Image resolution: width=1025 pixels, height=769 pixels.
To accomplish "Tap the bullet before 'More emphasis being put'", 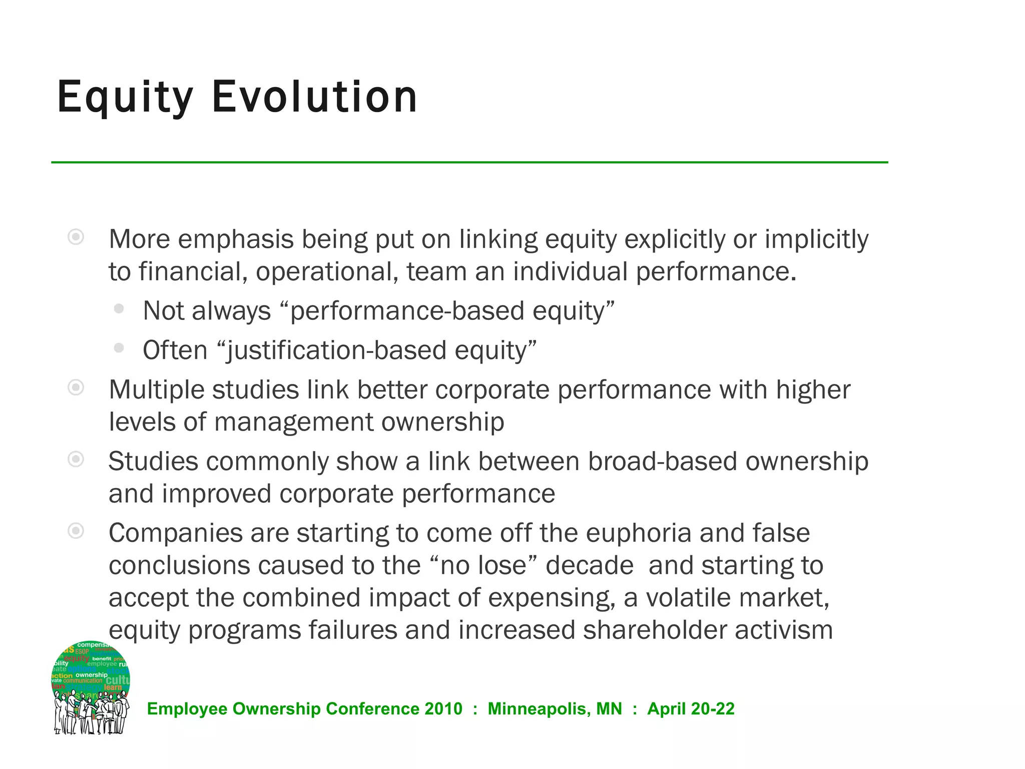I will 76,237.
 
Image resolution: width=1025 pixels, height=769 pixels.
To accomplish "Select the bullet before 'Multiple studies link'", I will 76,388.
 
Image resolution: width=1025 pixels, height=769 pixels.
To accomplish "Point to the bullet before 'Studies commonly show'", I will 76,459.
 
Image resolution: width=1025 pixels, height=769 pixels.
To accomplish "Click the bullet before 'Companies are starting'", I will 76,531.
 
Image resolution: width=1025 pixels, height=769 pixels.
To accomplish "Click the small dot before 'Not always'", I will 119,309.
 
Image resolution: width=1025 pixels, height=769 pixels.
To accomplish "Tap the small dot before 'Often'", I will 119,348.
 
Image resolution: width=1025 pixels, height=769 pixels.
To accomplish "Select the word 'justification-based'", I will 335,350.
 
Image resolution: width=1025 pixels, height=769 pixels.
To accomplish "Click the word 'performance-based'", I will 406,311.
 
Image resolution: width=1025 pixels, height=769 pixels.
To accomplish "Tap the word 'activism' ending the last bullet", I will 784,630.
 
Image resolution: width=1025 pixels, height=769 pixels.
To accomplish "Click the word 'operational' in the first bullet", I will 327,272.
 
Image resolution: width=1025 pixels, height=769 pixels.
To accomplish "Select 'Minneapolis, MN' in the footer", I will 555,709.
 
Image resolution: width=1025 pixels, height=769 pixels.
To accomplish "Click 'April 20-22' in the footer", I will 691,709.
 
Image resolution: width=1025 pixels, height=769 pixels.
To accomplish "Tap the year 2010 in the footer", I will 443,709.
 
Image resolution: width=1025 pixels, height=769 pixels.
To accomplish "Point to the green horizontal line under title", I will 469,162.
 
